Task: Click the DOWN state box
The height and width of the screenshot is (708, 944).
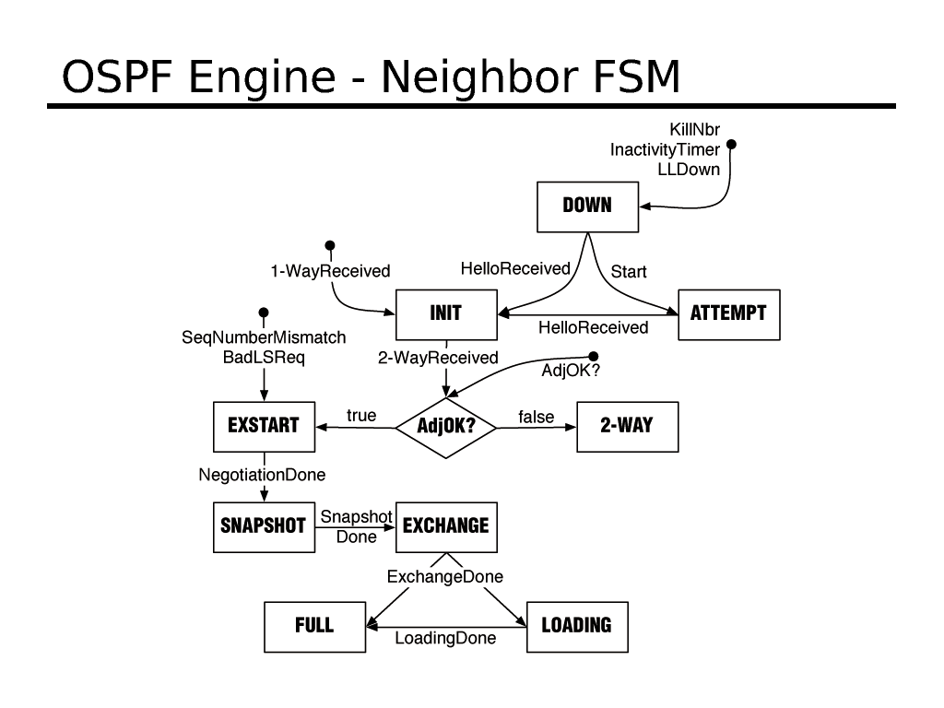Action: [x=587, y=206]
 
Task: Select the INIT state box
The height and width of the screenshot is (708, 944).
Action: [x=446, y=314]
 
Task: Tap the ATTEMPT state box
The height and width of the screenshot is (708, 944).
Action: [x=728, y=314]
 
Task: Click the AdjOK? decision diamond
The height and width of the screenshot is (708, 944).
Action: [x=445, y=427]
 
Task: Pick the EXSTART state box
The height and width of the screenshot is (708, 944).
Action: [x=264, y=426]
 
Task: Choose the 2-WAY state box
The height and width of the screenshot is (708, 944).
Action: [x=627, y=426]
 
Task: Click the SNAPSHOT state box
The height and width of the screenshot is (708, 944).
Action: [x=264, y=526]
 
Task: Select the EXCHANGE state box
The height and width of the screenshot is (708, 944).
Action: [x=446, y=526]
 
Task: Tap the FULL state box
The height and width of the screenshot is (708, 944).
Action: [x=314, y=626]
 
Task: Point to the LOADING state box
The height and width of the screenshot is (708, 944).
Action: [x=576, y=626]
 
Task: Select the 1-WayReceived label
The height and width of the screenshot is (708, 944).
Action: [x=330, y=271]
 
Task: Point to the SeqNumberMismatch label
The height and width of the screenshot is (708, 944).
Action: [x=264, y=338]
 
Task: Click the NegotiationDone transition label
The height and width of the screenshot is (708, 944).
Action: [x=263, y=475]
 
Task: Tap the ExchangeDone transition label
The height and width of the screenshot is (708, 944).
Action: [x=445, y=577]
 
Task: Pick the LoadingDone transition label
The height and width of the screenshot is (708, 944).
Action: [x=445, y=638]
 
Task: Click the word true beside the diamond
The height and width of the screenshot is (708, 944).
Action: [x=361, y=416]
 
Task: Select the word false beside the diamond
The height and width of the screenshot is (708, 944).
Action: [x=537, y=417]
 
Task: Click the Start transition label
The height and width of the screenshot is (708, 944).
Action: [x=629, y=272]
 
